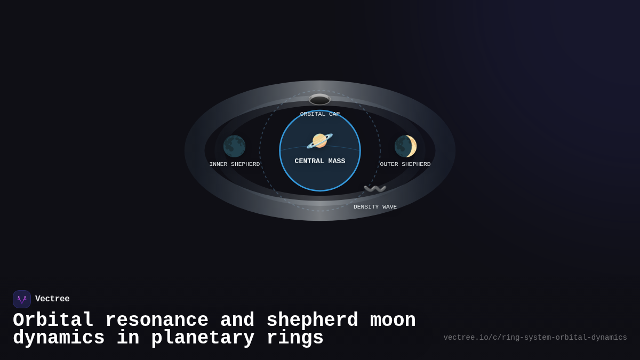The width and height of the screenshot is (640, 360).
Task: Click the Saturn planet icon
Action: point(319,141)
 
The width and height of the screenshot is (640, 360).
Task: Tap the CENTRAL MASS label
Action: point(320,161)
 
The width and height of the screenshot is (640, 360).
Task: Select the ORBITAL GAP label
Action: point(320,114)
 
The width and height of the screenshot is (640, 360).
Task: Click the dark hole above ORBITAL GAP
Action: point(320,100)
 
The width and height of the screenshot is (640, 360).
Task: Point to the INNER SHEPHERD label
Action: point(235,164)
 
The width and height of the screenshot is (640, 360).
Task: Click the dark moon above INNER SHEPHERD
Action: point(234,146)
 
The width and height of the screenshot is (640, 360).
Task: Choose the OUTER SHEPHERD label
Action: point(405,164)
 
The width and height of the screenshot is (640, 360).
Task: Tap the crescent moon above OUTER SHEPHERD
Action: point(405,146)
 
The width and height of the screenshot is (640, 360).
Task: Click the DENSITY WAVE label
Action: point(375,207)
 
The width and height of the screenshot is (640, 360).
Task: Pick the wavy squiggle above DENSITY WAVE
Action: point(375,188)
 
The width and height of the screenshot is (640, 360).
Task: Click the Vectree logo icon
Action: point(22,299)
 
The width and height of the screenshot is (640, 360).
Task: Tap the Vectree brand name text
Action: point(52,299)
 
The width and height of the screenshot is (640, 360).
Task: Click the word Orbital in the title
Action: point(53,321)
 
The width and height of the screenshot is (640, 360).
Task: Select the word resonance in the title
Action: point(157,321)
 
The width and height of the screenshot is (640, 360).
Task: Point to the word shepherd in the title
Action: point(312,321)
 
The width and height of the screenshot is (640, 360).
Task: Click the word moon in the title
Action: point(393,321)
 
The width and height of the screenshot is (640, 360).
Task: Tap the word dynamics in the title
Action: point(59,338)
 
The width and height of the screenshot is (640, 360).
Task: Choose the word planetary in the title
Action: point(203,338)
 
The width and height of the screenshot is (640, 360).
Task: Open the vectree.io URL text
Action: point(535,338)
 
